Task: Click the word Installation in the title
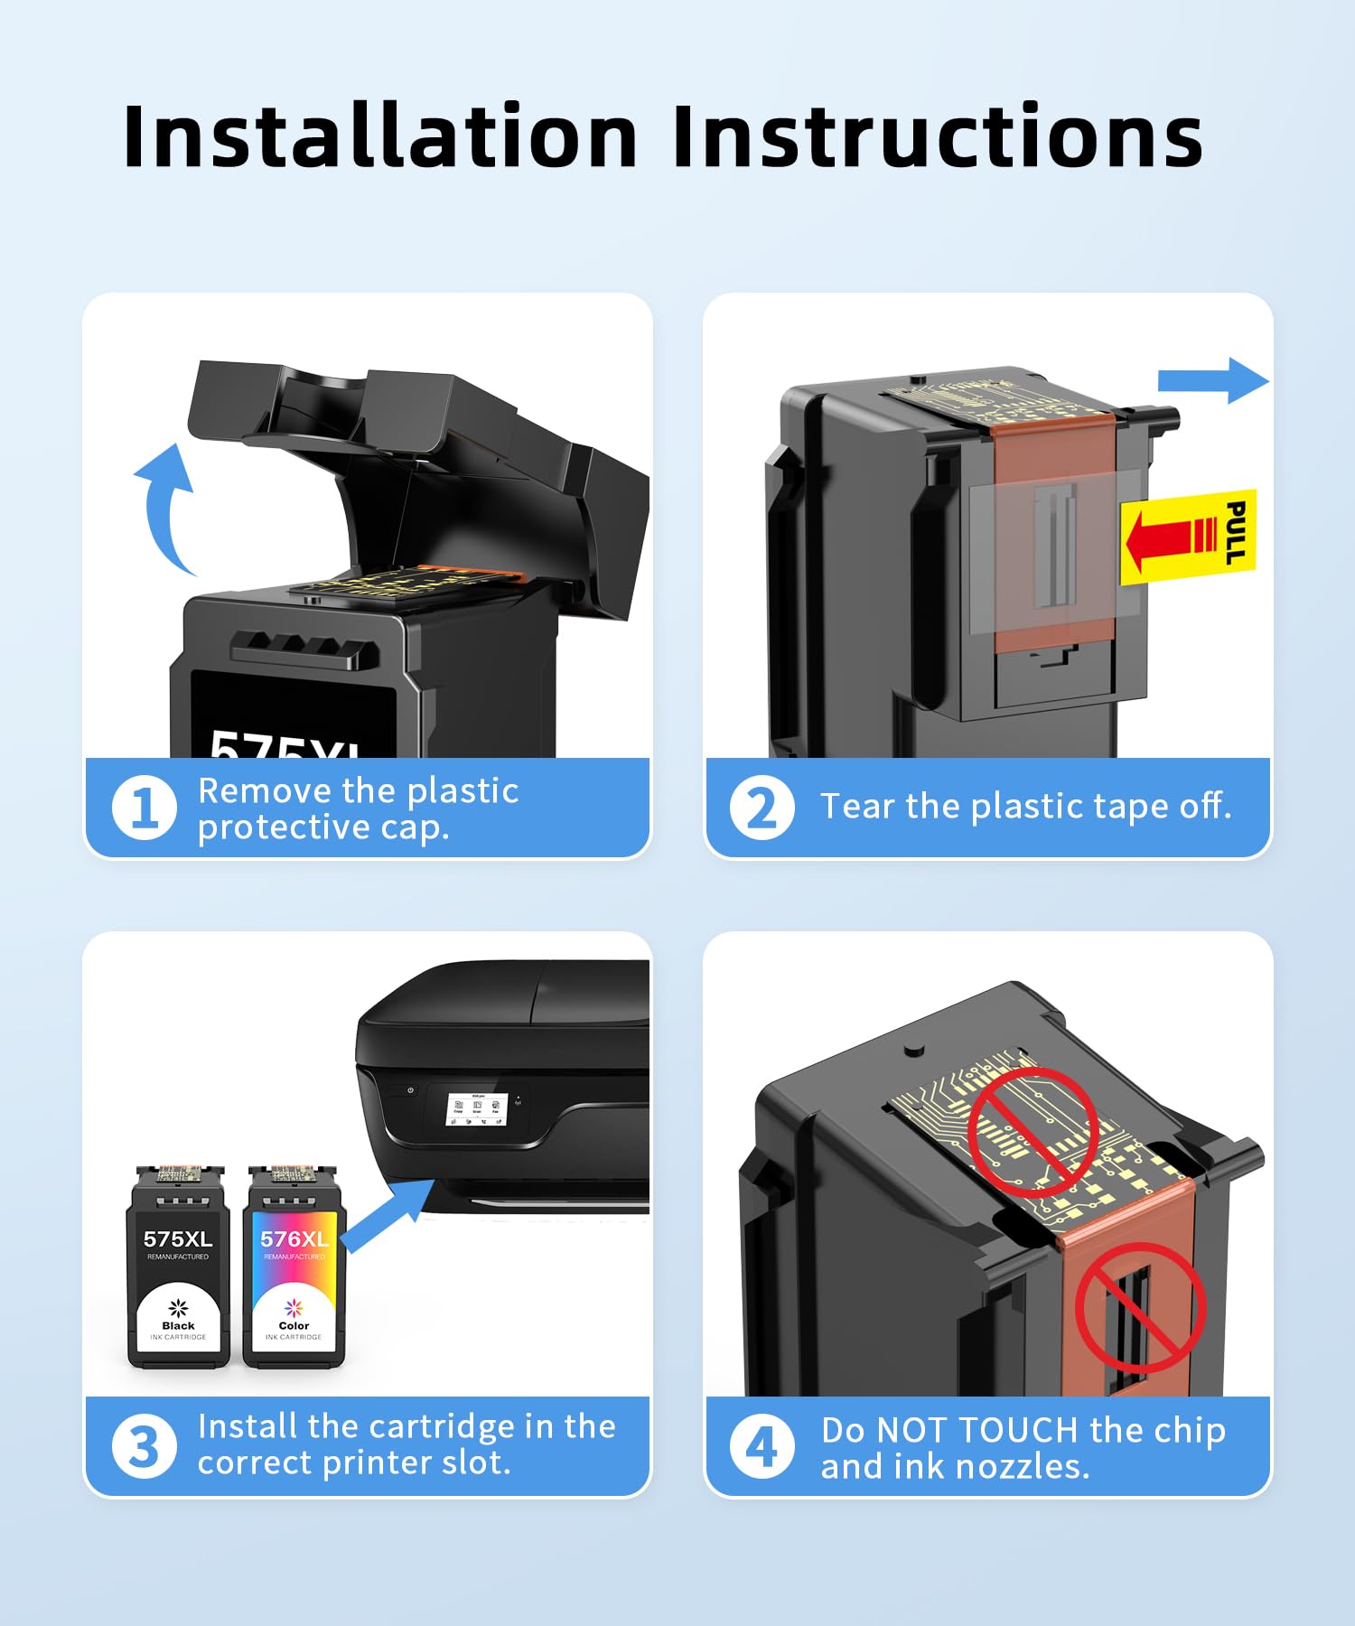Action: (x=380, y=137)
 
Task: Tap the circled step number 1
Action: (x=144, y=807)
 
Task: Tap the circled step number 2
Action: (x=762, y=807)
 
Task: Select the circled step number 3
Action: (x=144, y=1446)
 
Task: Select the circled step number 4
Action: (x=762, y=1446)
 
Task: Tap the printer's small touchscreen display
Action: (x=476, y=1109)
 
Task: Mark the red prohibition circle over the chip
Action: (x=1033, y=1132)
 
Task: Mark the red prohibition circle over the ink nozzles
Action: (x=1140, y=1307)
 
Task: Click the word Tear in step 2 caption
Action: (x=857, y=806)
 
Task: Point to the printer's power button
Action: (x=410, y=1090)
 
